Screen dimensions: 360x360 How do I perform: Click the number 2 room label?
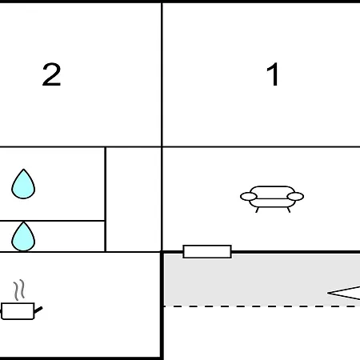click(51, 74)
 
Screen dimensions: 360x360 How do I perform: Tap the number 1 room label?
click(273, 74)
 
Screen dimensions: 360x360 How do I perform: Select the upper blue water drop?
click(23, 184)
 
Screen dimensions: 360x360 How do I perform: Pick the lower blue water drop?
click(23, 237)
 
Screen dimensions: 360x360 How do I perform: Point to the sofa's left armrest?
click(249, 197)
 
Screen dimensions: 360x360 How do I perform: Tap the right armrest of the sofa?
click(295, 197)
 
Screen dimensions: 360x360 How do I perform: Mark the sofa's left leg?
click(258, 210)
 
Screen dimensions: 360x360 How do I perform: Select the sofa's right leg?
click(289, 210)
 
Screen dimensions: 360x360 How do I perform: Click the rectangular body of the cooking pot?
click(18, 311)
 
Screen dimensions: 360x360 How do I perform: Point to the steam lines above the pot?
click(19, 290)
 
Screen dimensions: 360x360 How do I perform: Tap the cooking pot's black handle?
click(38, 310)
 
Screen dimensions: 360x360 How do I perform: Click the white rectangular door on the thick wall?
click(207, 251)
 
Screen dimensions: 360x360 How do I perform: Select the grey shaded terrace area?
click(262, 280)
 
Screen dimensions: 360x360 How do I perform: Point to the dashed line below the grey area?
click(262, 306)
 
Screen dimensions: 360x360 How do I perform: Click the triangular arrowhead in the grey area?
click(344, 293)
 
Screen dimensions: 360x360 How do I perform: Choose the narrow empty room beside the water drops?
click(134, 199)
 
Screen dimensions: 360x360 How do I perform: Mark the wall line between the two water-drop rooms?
click(52, 221)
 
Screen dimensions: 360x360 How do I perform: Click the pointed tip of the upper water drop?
click(23, 169)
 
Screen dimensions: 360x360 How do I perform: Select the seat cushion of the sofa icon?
click(272, 202)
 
